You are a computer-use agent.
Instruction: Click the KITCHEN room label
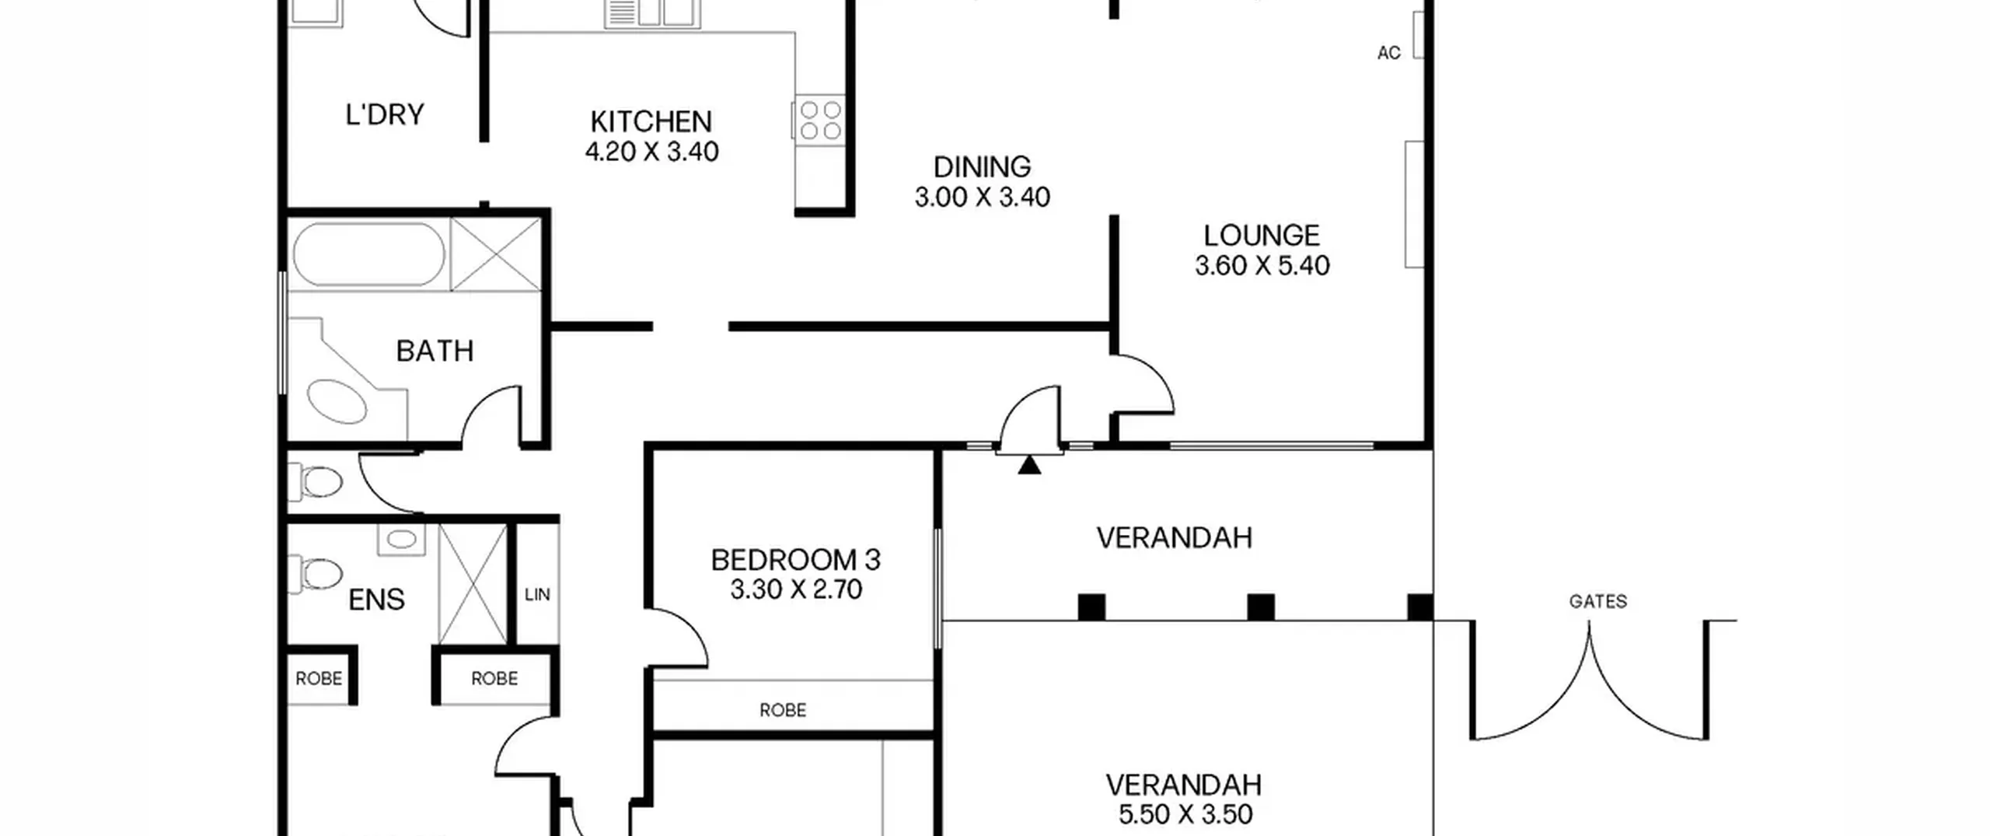[651, 122]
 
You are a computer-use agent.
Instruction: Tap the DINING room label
[982, 167]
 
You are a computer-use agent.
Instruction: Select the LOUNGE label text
[1262, 236]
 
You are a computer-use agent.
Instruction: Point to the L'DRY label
[385, 115]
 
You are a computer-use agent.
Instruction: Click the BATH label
[435, 352]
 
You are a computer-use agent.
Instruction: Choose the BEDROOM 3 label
[795, 560]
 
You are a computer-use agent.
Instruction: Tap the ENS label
[376, 600]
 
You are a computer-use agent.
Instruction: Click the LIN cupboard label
[537, 595]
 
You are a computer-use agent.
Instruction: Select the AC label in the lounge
[1389, 53]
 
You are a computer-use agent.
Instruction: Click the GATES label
[1597, 601]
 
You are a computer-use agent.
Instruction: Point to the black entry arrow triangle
[1029, 465]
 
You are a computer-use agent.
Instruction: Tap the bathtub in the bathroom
[368, 254]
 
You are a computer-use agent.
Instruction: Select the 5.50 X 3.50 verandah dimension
[1185, 814]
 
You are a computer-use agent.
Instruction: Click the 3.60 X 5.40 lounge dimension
[1262, 266]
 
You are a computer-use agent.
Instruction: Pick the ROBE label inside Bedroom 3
[783, 710]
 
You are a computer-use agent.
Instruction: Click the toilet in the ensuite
[316, 574]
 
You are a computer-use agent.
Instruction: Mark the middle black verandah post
[1260, 607]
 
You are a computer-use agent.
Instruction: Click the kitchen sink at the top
[651, 13]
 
